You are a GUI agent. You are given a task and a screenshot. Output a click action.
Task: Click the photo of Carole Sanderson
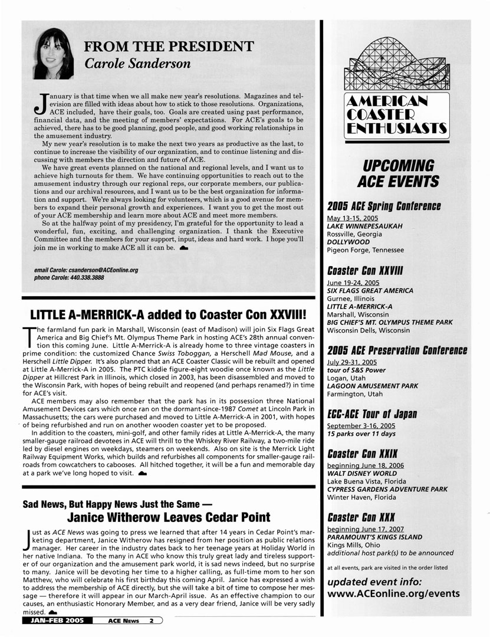(54, 54)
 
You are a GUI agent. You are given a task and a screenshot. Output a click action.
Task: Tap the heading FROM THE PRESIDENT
(169, 47)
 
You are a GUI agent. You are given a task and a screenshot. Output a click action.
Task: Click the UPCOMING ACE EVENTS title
(398, 173)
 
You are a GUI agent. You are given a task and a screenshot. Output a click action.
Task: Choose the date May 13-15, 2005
(353, 218)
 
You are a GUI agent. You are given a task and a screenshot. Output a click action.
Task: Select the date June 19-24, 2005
(354, 283)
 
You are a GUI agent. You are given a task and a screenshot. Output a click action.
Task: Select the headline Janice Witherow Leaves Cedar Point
(169, 518)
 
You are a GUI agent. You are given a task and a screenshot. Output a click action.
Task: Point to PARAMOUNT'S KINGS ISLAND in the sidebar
(374, 537)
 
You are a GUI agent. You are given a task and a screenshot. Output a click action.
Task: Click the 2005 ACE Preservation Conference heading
(397, 350)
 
